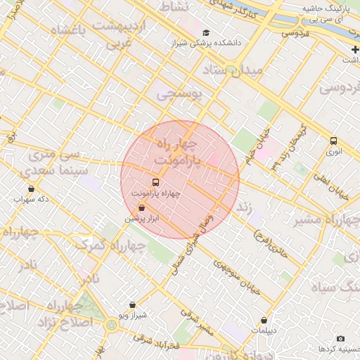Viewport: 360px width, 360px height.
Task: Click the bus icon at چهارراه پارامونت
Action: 155,181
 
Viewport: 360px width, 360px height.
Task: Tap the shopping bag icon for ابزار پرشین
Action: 142,208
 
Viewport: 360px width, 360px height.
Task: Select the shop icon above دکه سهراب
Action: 31,188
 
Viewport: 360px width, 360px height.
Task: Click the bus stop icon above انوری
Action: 333,140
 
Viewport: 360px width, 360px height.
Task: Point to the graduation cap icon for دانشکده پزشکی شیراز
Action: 206,32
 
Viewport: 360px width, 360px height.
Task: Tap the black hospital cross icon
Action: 355,49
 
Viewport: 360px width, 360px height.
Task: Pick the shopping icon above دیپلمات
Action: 264,320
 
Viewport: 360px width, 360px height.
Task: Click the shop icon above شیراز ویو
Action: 133,305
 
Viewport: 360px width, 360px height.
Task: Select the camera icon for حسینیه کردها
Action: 340,339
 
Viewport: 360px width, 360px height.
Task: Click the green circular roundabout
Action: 112,325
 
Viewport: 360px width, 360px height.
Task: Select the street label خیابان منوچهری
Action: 236,278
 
